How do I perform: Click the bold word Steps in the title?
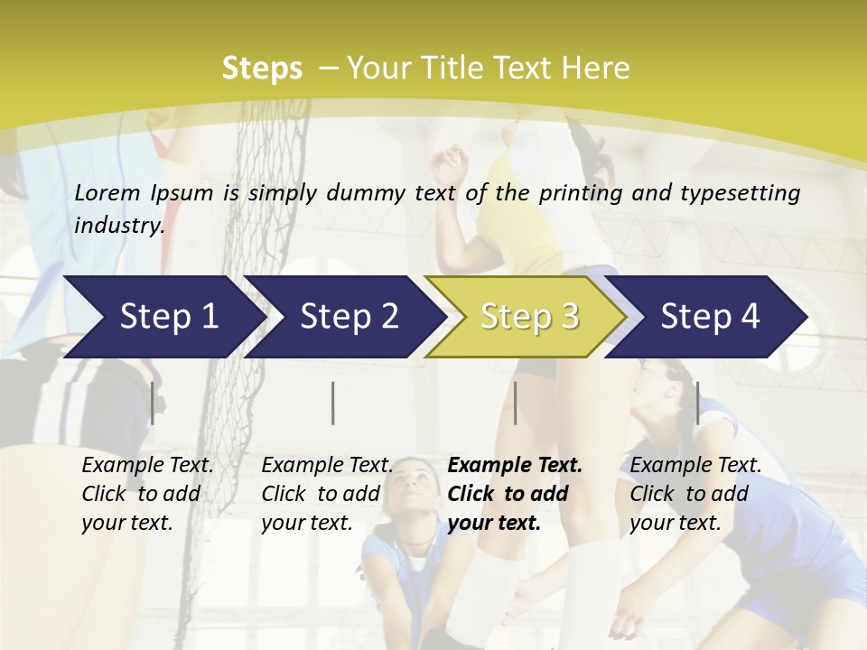click(x=262, y=69)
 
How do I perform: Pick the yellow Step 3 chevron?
click(x=529, y=317)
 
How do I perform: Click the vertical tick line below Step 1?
click(x=153, y=403)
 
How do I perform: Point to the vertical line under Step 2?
click(x=333, y=403)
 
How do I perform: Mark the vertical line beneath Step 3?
click(x=515, y=403)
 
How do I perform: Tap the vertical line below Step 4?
click(x=697, y=403)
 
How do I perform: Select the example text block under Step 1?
click(x=147, y=493)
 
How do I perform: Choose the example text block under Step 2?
click(x=327, y=493)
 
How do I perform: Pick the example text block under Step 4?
click(x=695, y=493)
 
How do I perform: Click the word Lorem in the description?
click(x=108, y=192)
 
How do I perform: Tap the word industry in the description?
click(x=118, y=225)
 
